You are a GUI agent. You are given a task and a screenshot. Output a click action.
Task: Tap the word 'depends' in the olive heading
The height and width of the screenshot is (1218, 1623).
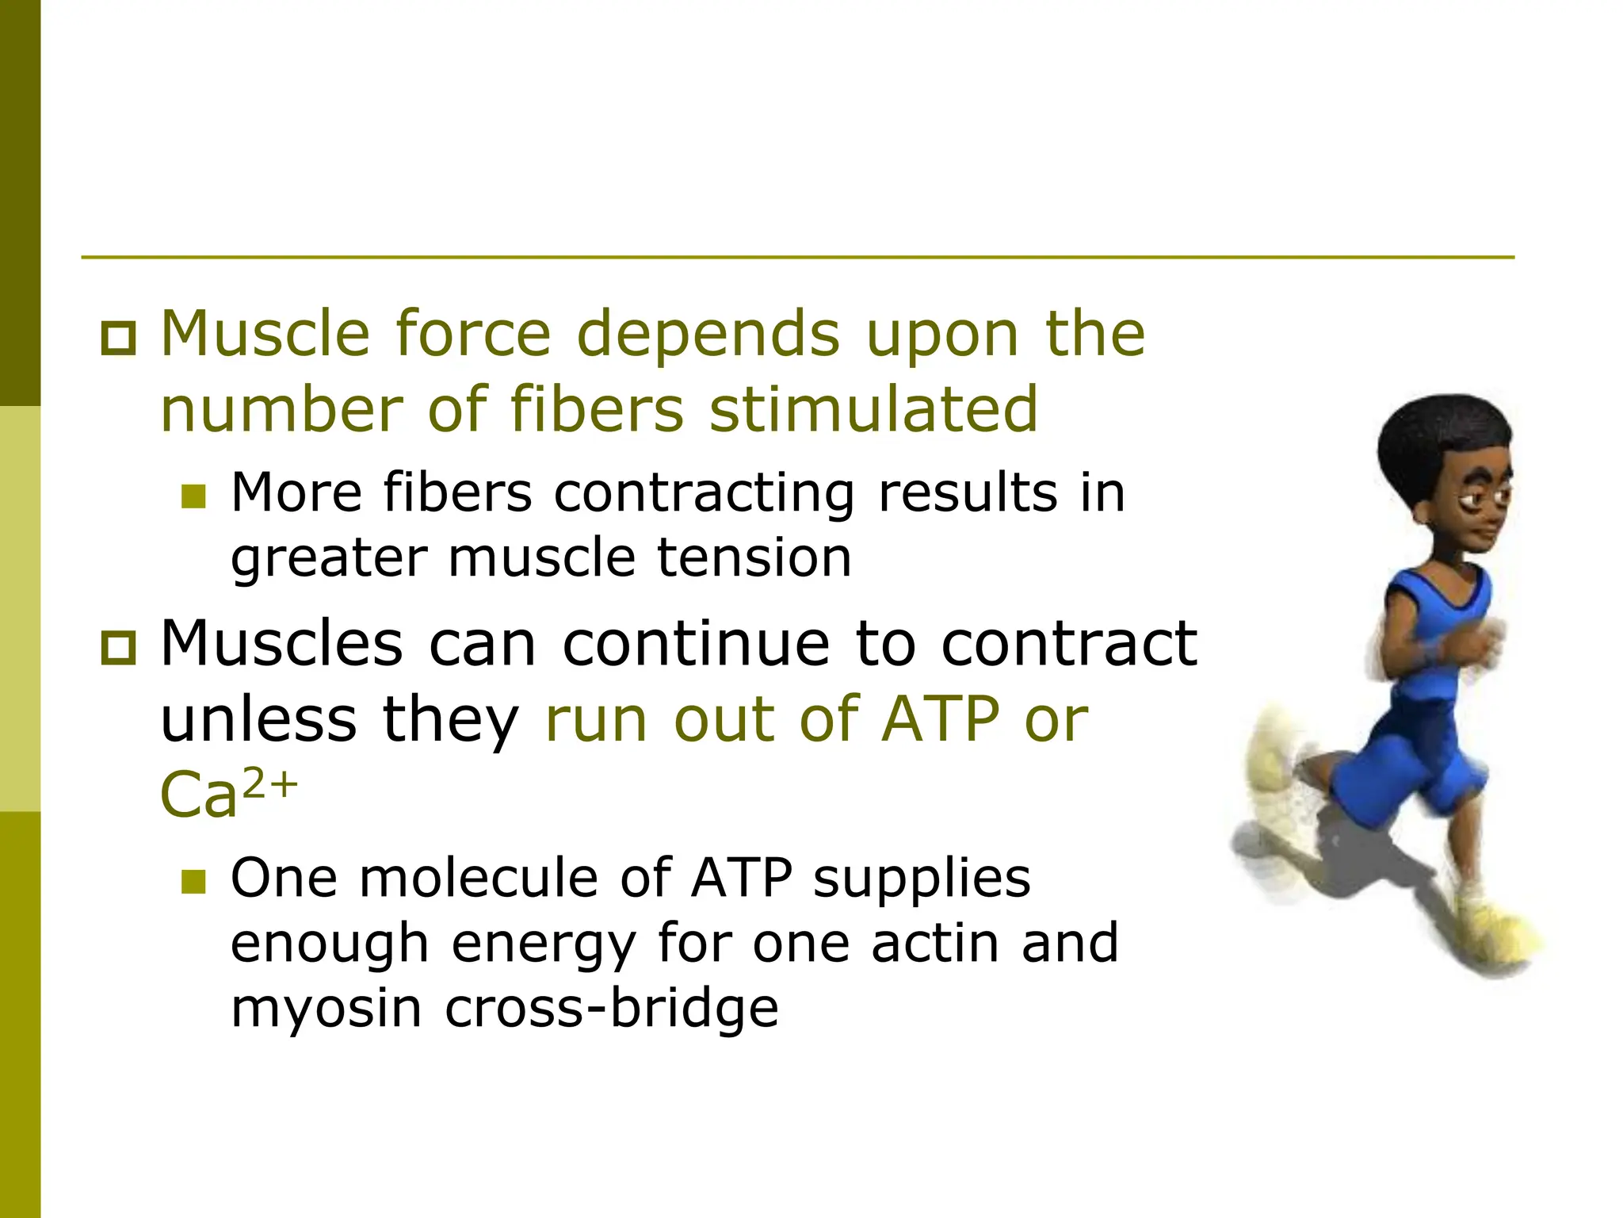point(712,335)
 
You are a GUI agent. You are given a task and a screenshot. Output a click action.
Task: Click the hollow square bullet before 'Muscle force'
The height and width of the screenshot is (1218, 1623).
point(119,339)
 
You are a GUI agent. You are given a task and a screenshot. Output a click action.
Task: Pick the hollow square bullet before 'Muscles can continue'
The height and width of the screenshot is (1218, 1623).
point(119,647)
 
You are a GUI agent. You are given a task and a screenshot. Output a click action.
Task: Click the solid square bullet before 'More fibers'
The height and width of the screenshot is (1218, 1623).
point(193,496)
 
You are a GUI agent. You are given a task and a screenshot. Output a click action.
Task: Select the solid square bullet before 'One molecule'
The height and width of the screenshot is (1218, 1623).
point(193,882)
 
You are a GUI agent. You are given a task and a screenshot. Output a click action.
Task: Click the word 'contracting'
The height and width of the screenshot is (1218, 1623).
point(705,493)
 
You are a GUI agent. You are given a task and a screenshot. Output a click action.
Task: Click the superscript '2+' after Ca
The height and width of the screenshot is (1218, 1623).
point(269,783)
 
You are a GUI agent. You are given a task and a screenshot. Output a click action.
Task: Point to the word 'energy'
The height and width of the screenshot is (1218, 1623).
point(544,944)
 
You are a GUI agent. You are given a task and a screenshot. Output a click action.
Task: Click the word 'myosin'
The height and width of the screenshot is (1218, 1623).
point(326,1009)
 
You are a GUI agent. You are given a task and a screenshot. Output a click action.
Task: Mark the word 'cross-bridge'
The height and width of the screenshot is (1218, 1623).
point(611,1009)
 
